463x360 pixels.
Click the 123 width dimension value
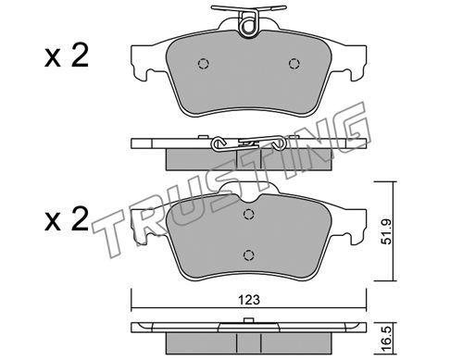click(x=249, y=300)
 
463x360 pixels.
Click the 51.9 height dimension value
click(x=386, y=231)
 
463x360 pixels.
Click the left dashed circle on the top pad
click(x=204, y=64)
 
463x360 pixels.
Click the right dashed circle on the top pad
click(x=294, y=64)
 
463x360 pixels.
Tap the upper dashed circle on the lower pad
click(x=248, y=214)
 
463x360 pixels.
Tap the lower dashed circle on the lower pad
click(x=248, y=254)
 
